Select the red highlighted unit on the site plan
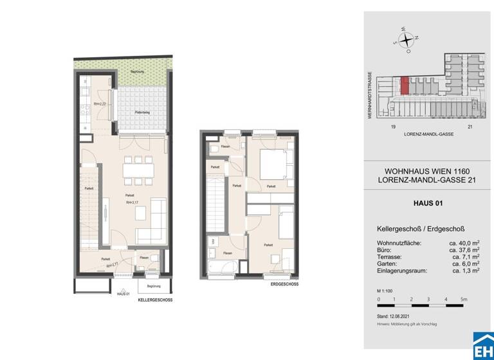point(405,85)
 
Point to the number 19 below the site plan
point(392,127)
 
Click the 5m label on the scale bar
point(464,300)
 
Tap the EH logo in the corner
point(482,345)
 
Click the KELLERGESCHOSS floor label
point(155,300)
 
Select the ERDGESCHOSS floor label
point(283,283)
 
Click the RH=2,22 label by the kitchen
point(98,104)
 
